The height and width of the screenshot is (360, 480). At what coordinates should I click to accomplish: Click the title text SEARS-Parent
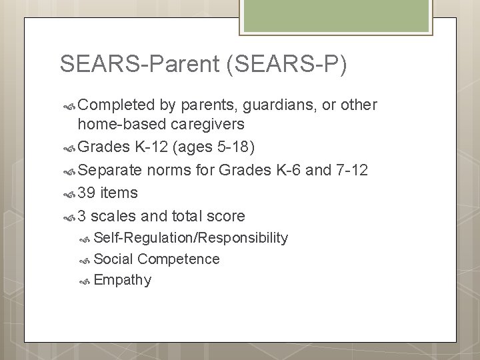[140, 64]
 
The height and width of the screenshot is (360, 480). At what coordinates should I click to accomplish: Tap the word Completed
[117, 105]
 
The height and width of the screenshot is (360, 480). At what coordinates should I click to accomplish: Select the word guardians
[271, 105]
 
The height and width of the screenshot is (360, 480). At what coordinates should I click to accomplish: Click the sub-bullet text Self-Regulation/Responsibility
[191, 238]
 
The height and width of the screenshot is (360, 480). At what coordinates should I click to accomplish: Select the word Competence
[178, 259]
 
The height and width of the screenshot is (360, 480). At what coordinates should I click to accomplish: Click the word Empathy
[123, 280]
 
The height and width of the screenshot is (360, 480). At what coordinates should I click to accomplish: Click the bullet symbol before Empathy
[84, 281]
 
